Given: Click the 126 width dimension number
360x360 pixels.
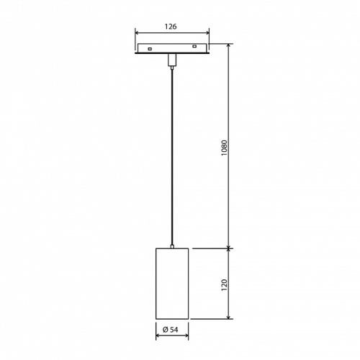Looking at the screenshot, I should click(171, 25).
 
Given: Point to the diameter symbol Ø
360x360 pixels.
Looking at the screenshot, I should click(166, 329).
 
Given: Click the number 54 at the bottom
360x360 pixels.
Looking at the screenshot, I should click(176, 329).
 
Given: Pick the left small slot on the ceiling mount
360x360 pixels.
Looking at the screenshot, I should click(148, 49).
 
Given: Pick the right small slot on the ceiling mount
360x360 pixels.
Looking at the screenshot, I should click(195, 49).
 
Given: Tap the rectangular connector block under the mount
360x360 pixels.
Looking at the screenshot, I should click(172, 59).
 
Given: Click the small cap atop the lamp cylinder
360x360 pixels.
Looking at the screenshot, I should click(172, 246).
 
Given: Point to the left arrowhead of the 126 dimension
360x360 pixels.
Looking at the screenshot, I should click(138, 32).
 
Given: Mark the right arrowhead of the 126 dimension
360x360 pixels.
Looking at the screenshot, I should click(207, 32).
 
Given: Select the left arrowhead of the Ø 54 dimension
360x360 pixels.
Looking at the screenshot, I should click(158, 335).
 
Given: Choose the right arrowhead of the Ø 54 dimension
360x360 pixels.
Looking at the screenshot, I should click(186, 335).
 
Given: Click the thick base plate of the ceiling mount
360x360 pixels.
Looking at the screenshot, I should click(172, 53).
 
